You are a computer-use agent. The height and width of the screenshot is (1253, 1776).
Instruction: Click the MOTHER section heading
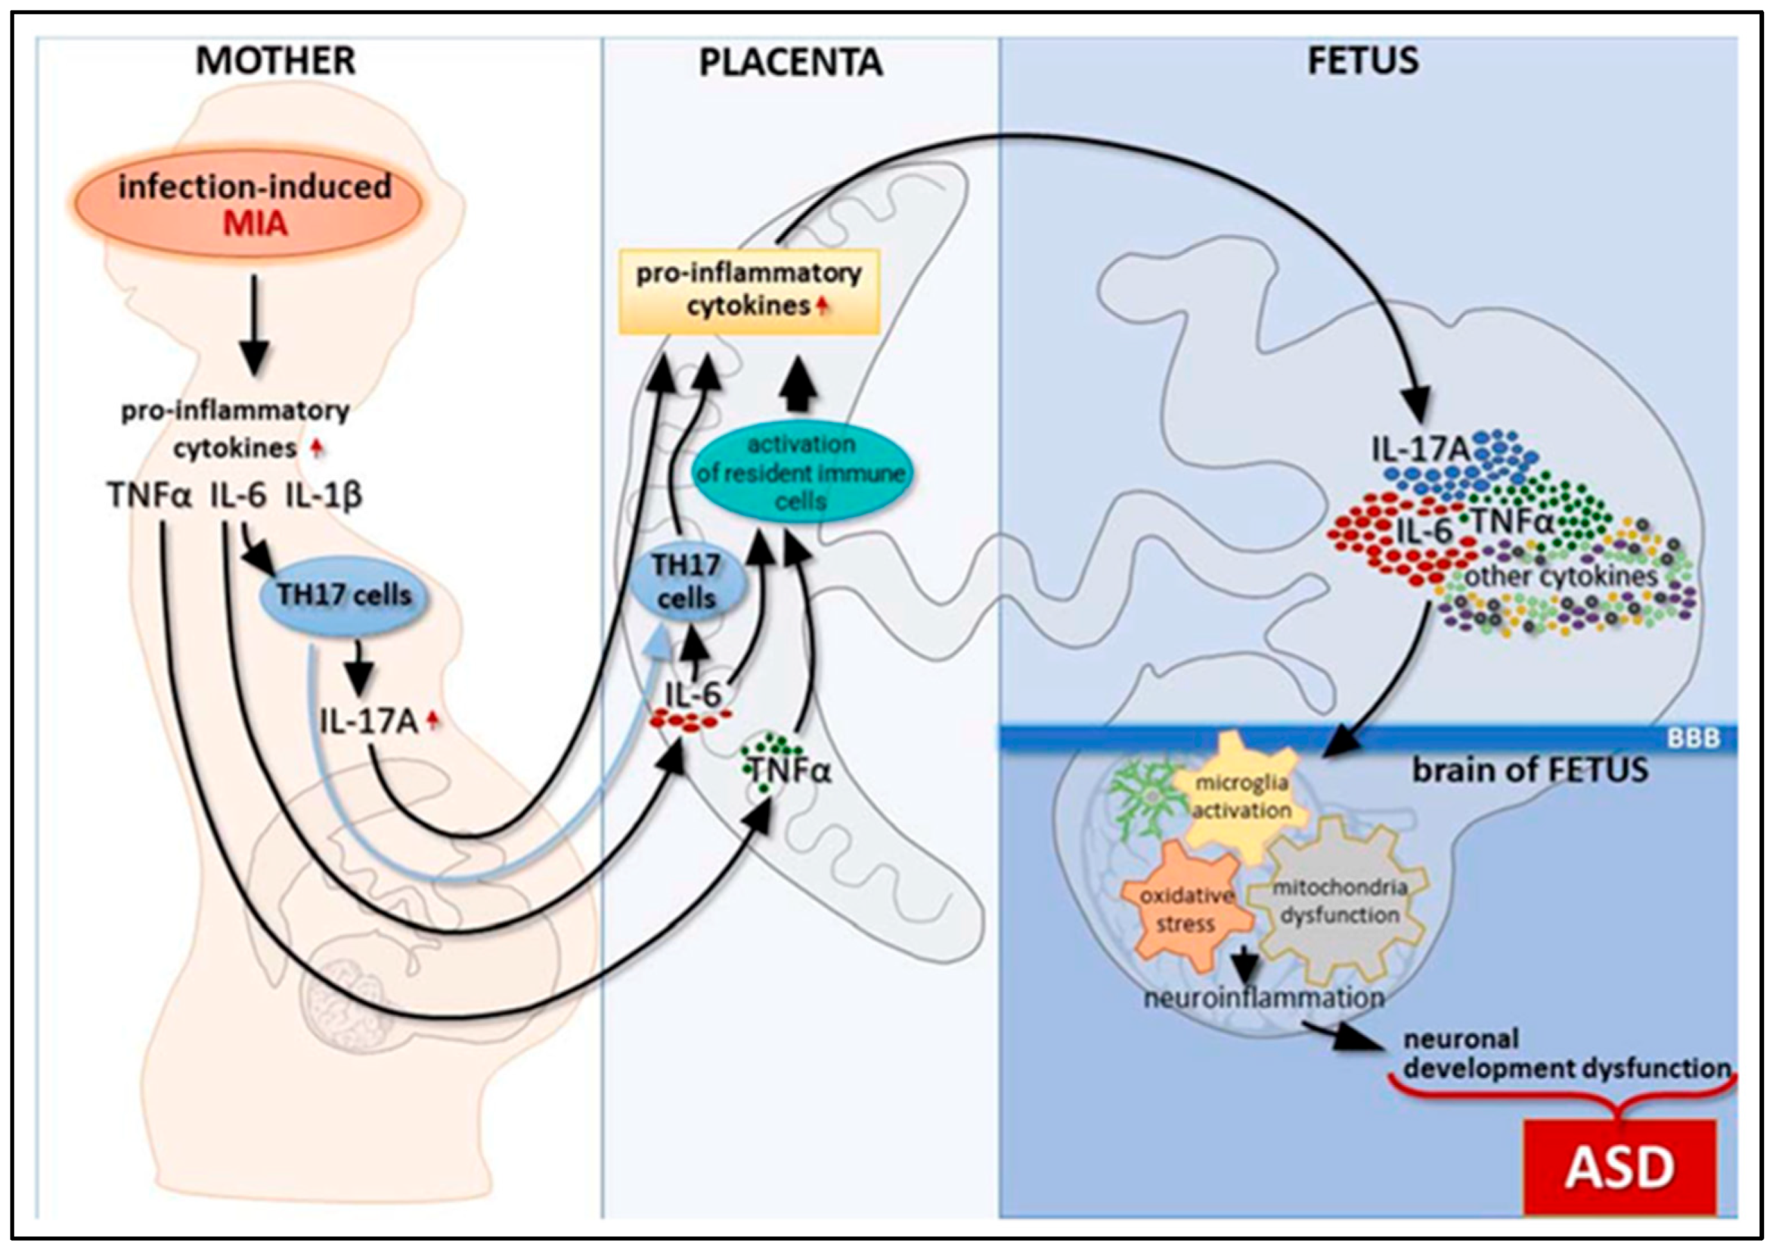coord(275,61)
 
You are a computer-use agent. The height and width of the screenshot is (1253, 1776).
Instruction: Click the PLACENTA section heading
coord(791,63)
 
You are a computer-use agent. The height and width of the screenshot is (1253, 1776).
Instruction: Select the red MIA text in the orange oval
coord(256,224)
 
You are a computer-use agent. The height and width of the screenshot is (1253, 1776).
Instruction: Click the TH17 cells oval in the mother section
coord(344,596)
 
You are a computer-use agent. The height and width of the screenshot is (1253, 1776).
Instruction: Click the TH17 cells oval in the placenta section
coord(686,582)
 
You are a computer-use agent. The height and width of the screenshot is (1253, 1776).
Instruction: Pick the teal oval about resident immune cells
coord(801,473)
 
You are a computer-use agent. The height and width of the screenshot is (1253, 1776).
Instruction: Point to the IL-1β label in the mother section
coord(324,496)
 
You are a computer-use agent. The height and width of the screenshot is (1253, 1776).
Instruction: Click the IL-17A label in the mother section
coord(368,722)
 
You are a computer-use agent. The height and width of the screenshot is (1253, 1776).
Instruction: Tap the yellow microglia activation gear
coord(1241,798)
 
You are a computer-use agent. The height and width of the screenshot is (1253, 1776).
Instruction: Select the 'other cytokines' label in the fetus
coord(1561,577)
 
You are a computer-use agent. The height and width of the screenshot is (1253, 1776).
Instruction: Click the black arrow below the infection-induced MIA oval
coord(256,325)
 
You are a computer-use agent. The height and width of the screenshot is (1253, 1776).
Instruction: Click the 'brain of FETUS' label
coord(1530,771)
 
